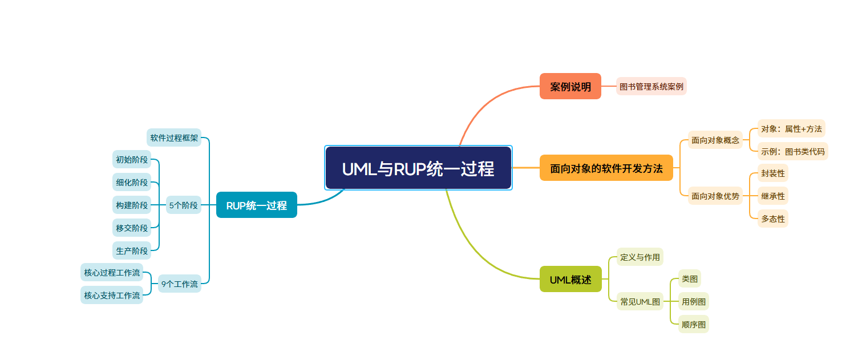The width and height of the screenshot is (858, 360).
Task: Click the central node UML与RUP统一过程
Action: coord(418,168)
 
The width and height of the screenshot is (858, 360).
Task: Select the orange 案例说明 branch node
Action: coord(570,87)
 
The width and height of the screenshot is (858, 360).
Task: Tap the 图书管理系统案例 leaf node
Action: coord(651,87)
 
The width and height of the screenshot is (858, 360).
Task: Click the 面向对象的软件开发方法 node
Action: coord(606,169)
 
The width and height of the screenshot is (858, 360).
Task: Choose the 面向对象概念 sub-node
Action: coord(715,140)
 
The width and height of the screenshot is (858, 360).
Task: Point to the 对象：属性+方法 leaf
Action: coord(791,129)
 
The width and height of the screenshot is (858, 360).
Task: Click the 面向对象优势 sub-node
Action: coord(715,196)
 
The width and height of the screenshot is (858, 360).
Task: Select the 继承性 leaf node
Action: coord(772,196)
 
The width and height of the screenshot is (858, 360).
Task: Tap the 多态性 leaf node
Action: coord(772,219)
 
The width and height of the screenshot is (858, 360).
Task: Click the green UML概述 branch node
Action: coord(570,280)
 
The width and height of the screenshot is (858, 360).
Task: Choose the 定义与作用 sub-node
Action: coord(640,257)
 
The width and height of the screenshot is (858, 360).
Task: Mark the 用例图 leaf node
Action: coord(693,301)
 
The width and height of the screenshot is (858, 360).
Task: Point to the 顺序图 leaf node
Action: coord(693,325)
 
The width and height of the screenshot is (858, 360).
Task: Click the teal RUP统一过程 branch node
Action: coord(256,205)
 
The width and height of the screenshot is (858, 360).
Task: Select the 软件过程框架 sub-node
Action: coord(174,137)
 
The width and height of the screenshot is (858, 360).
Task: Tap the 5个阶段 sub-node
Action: coord(184,205)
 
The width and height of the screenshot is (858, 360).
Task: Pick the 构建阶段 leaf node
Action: coord(132,205)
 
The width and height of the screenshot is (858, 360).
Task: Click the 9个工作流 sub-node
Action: coord(179,284)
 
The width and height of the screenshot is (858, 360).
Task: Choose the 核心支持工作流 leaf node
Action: coord(112,296)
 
